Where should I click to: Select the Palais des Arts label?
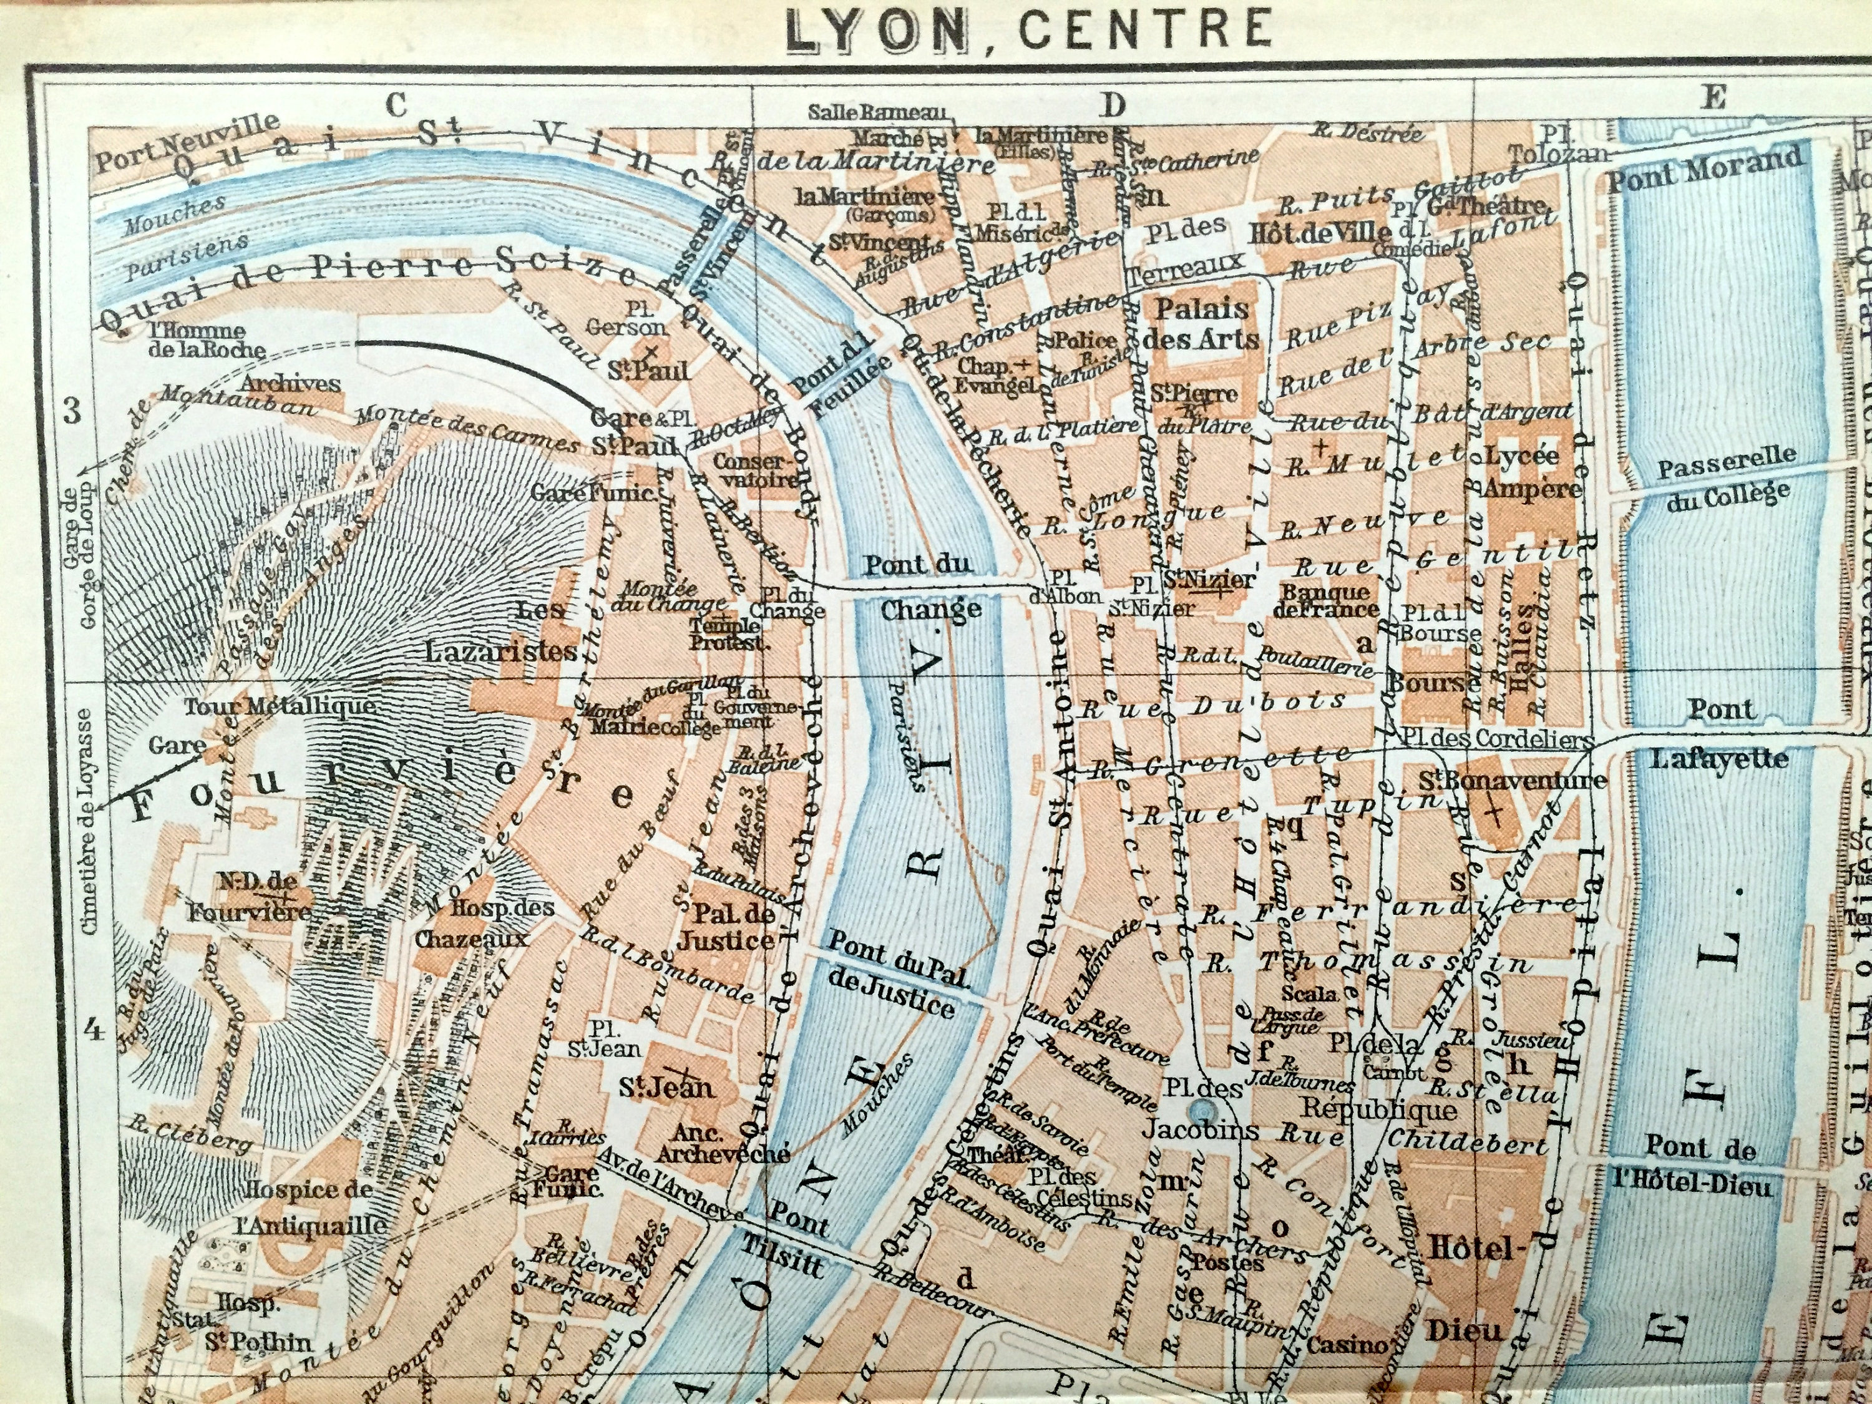[x=1201, y=324]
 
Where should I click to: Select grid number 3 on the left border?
[x=71, y=411]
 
